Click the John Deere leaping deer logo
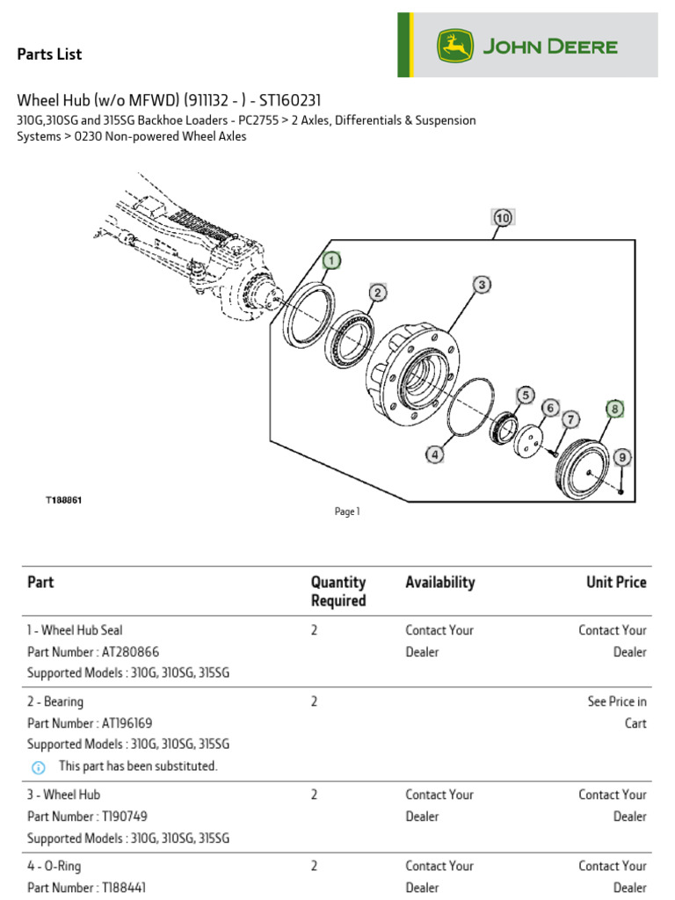pos(455,46)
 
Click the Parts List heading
pos(49,54)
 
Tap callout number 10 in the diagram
pos(502,217)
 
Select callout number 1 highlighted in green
pos(330,260)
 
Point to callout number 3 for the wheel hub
pos(482,284)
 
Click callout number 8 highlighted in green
pos(614,409)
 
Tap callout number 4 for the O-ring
pos(434,454)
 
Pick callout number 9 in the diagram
pos(621,457)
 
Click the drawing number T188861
pos(64,499)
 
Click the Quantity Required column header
pos(338,592)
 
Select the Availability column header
pos(439,582)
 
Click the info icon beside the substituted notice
pos(38,767)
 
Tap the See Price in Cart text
pos(616,712)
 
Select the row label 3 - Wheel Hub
pos(63,795)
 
